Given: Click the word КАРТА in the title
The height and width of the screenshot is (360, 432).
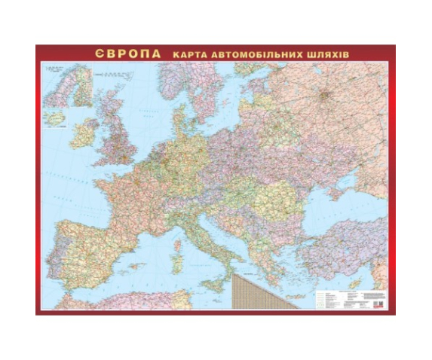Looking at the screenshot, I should [190, 55].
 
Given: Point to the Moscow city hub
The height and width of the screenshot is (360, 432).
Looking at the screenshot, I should [325, 96].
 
